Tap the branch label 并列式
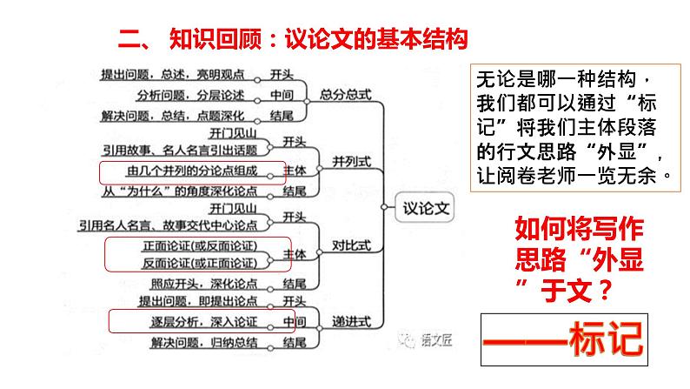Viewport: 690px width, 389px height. click(x=351, y=162)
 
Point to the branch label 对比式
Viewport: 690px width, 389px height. click(x=351, y=246)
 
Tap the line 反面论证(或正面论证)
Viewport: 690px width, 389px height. click(x=198, y=262)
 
